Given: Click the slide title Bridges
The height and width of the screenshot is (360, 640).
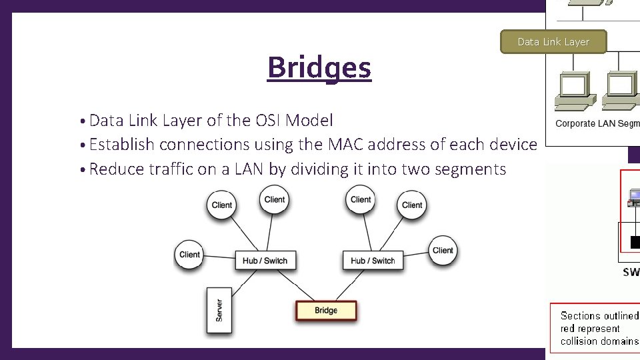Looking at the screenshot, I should (319, 68).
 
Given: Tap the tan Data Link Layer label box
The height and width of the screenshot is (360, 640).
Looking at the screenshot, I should (553, 42).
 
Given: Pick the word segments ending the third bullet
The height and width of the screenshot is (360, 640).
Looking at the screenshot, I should (470, 169).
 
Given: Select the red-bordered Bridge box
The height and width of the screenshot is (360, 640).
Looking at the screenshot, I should (326, 311).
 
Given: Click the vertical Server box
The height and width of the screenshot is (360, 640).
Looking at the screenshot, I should (219, 310).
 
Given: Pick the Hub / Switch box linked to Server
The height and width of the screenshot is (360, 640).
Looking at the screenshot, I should (265, 261).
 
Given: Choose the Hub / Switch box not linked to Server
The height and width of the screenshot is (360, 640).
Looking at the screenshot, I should (373, 261).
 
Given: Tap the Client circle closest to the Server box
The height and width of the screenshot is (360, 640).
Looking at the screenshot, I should (189, 255).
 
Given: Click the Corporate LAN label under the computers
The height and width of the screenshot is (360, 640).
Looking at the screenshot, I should (597, 123).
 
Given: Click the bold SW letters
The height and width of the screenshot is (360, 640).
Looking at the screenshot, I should (631, 272).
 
